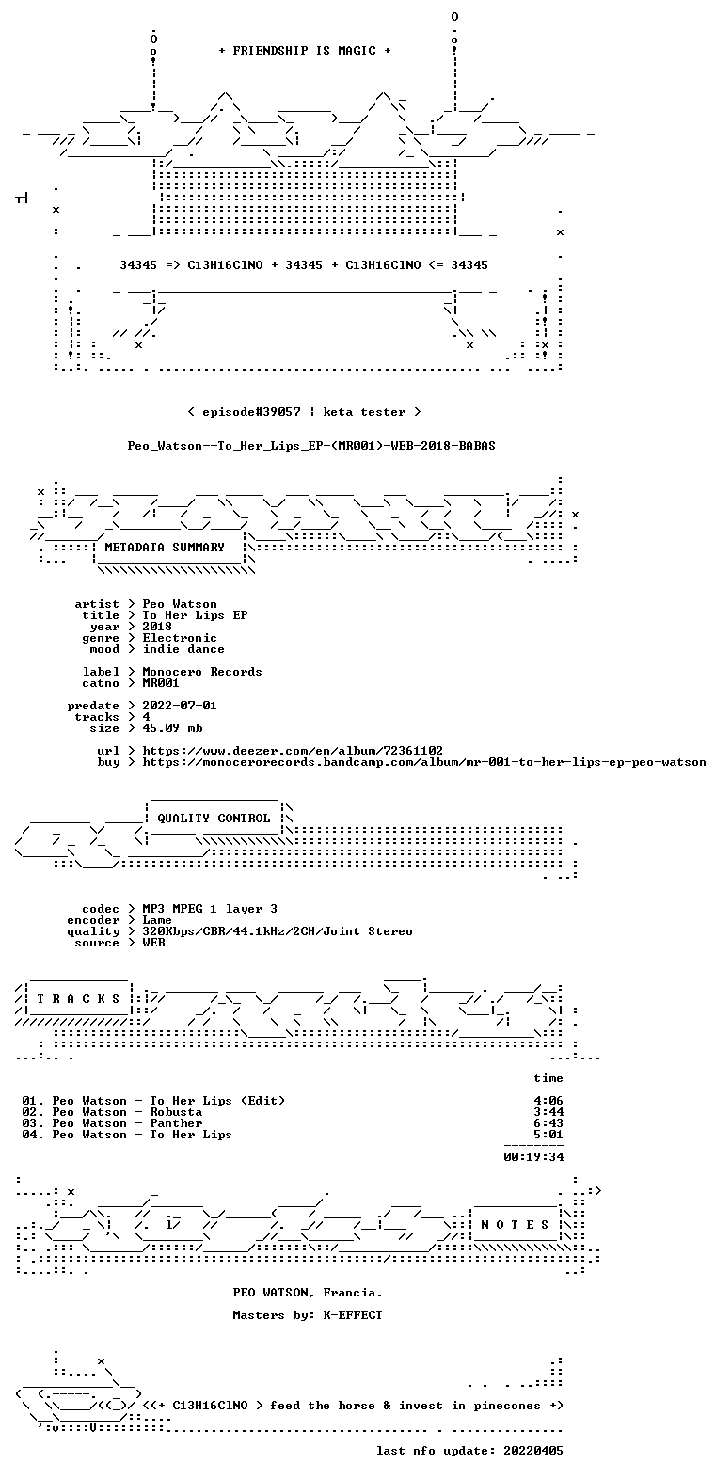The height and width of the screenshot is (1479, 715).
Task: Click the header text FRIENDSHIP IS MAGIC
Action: [x=305, y=51]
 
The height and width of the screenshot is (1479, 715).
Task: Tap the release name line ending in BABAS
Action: [x=311, y=446]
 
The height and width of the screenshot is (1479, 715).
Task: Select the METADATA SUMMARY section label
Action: [x=165, y=548]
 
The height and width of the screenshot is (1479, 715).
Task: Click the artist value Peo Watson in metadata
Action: [x=180, y=604]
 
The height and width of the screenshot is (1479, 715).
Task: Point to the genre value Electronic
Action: [x=180, y=638]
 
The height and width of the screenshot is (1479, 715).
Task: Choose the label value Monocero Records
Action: [x=202, y=672]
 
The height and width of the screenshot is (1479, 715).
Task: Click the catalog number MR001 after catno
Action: [x=161, y=683]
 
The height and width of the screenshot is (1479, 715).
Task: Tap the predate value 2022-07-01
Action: [x=180, y=706]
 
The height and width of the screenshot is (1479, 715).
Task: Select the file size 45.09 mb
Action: [x=172, y=727]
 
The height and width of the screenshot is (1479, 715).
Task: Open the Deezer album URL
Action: [x=293, y=751]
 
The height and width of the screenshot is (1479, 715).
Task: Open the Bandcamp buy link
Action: [x=424, y=762]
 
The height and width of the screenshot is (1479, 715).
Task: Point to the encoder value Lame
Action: [x=157, y=920]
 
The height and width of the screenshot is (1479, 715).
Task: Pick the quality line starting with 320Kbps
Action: [x=278, y=931]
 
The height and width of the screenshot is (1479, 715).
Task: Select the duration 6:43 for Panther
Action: [x=548, y=1123]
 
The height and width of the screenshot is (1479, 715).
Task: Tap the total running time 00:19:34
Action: [x=533, y=1157]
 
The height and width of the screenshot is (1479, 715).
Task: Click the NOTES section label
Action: [x=515, y=1225]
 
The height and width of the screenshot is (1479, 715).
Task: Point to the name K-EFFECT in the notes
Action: [x=353, y=1314]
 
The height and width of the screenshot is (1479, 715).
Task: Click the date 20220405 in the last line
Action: [x=533, y=1451]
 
